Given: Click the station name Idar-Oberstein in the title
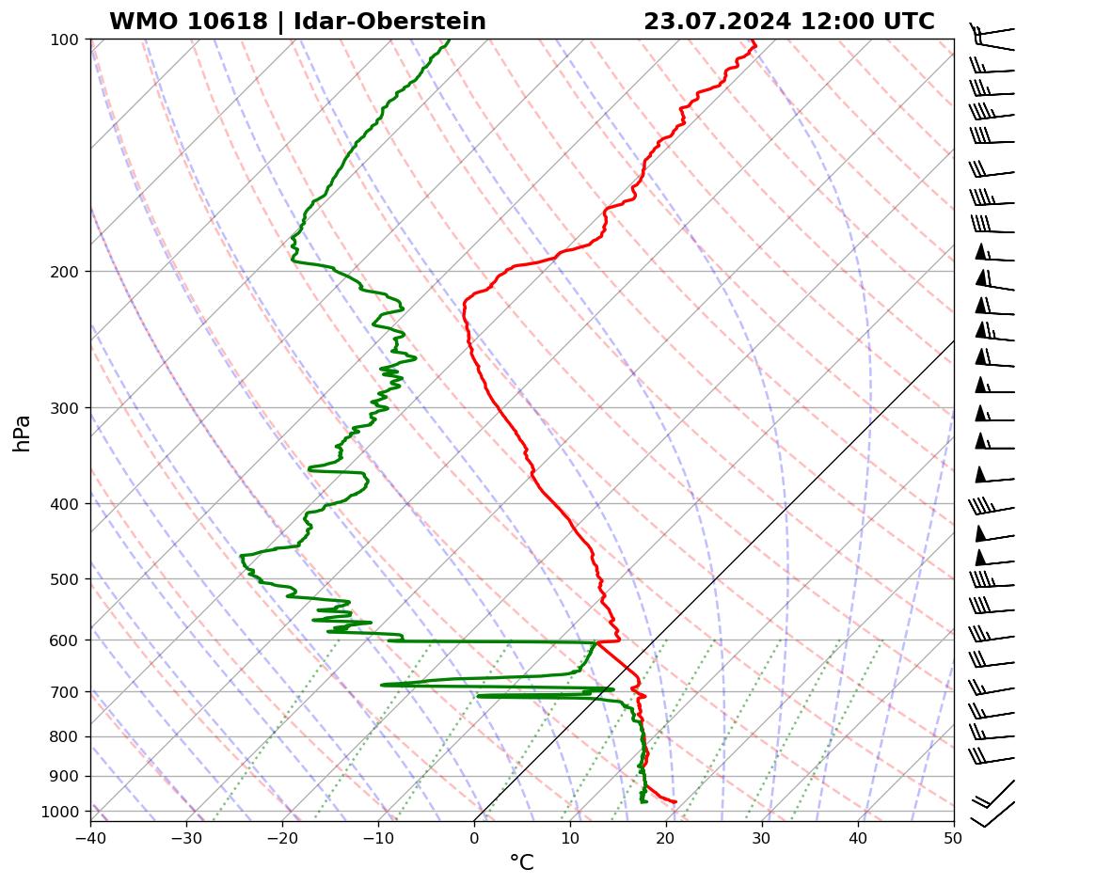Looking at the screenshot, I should pyautogui.click(x=389, y=22).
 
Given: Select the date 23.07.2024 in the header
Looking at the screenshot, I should pyautogui.click(x=718, y=22).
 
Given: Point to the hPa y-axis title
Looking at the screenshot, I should pyautogui.click(x=22, y=433).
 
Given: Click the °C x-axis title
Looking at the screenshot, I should pyautogui.click(x=521, y=862).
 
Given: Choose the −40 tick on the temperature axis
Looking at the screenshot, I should pyautogui.click(x=90, y=836).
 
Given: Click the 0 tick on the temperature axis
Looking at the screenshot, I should pyautogui.click(x=474, y=836).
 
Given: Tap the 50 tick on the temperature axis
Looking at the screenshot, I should pyautogui.click(x=953, y=836).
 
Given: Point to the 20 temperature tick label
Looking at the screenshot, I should pyautogui.click(x=666, y=836).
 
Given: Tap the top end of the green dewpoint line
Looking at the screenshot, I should pyautogui.click(x=449, y=40).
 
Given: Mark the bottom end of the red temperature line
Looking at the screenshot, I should pyautogui.click(x=675, y=802).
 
